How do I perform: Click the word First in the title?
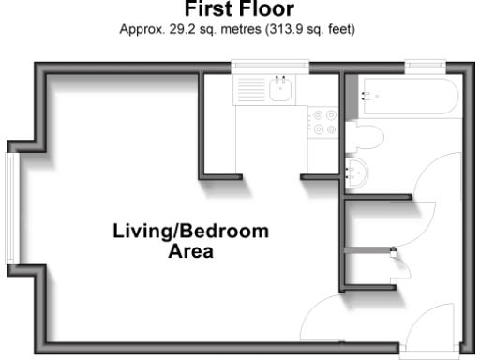211,10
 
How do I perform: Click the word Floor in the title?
268,10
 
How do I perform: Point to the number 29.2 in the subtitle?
175,29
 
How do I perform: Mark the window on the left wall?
9,207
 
